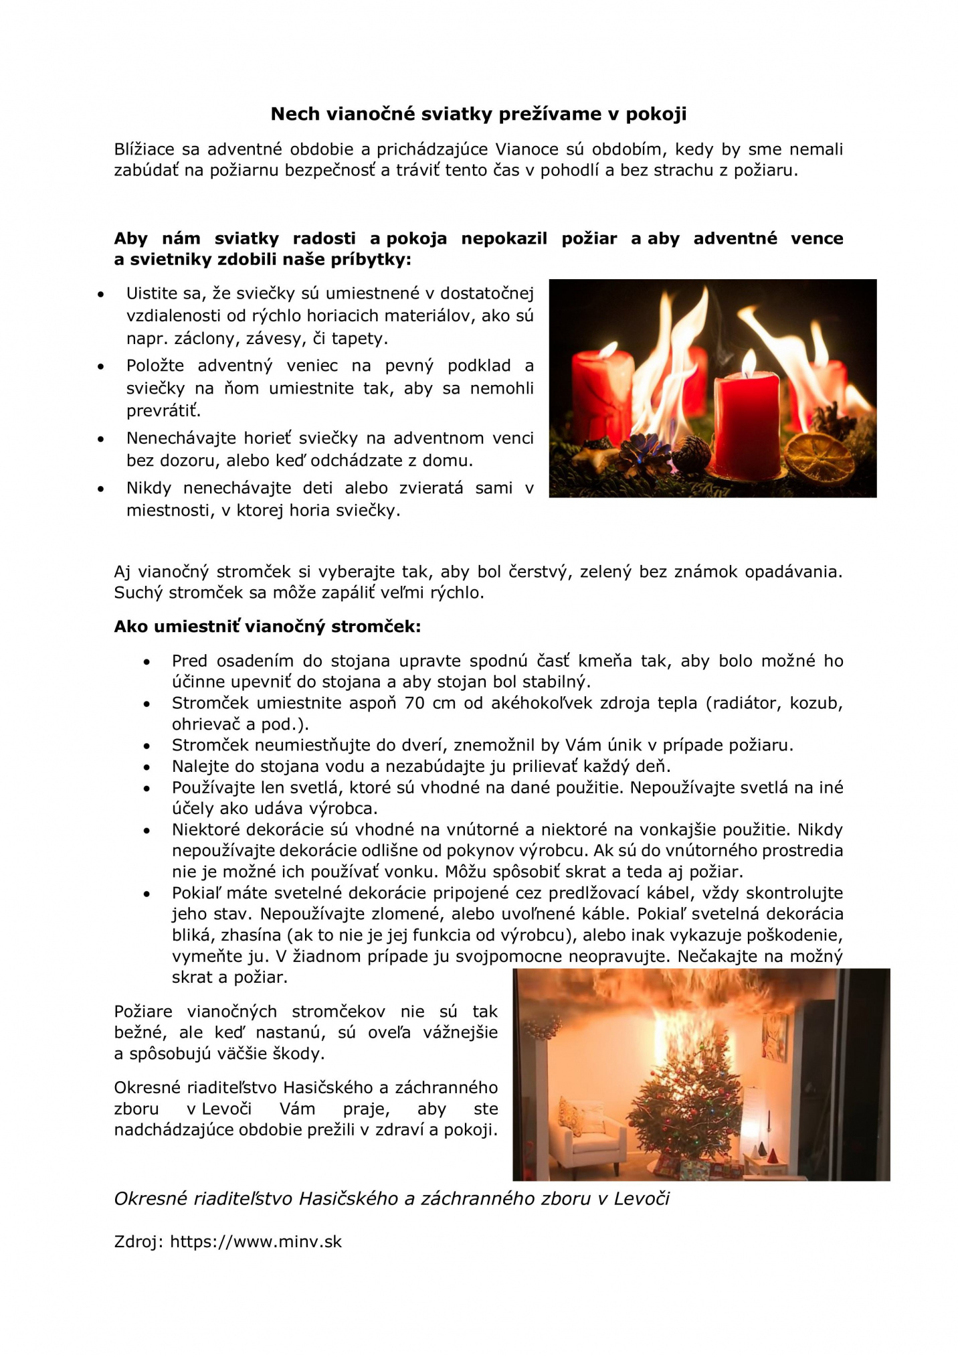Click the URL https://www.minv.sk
coord(256,1242)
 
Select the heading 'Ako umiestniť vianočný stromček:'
coord(267,627)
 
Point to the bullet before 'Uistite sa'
coord(101,294)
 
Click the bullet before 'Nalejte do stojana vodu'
coord(147,767)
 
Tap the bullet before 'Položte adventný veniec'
coord(101,366)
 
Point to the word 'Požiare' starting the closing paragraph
coord(143,1012)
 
